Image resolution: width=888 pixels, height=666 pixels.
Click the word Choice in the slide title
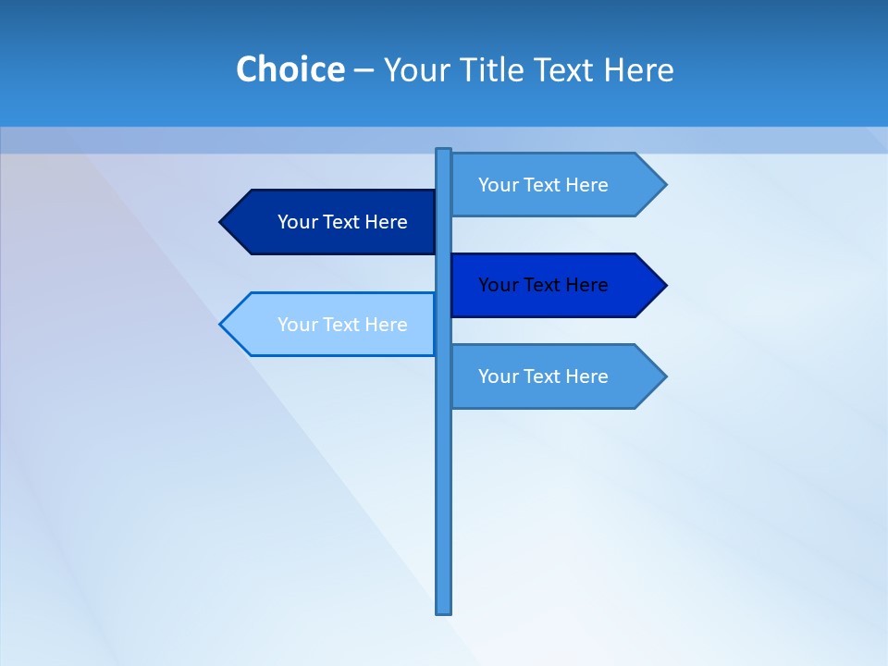click(290, 70)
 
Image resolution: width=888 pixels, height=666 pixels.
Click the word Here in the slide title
click(638, 70)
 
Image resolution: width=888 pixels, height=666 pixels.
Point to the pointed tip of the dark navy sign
click(223, 222)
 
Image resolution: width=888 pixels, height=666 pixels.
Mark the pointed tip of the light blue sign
click(223, 324)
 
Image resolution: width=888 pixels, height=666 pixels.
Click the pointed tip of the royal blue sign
click(663, 285)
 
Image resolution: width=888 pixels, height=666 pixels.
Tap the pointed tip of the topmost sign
click(663, 185)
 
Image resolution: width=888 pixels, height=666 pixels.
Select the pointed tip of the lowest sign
click(663, 376)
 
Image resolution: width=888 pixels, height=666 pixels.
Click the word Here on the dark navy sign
click(387, 222)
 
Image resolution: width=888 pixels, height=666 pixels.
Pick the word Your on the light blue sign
click(295, 325)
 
